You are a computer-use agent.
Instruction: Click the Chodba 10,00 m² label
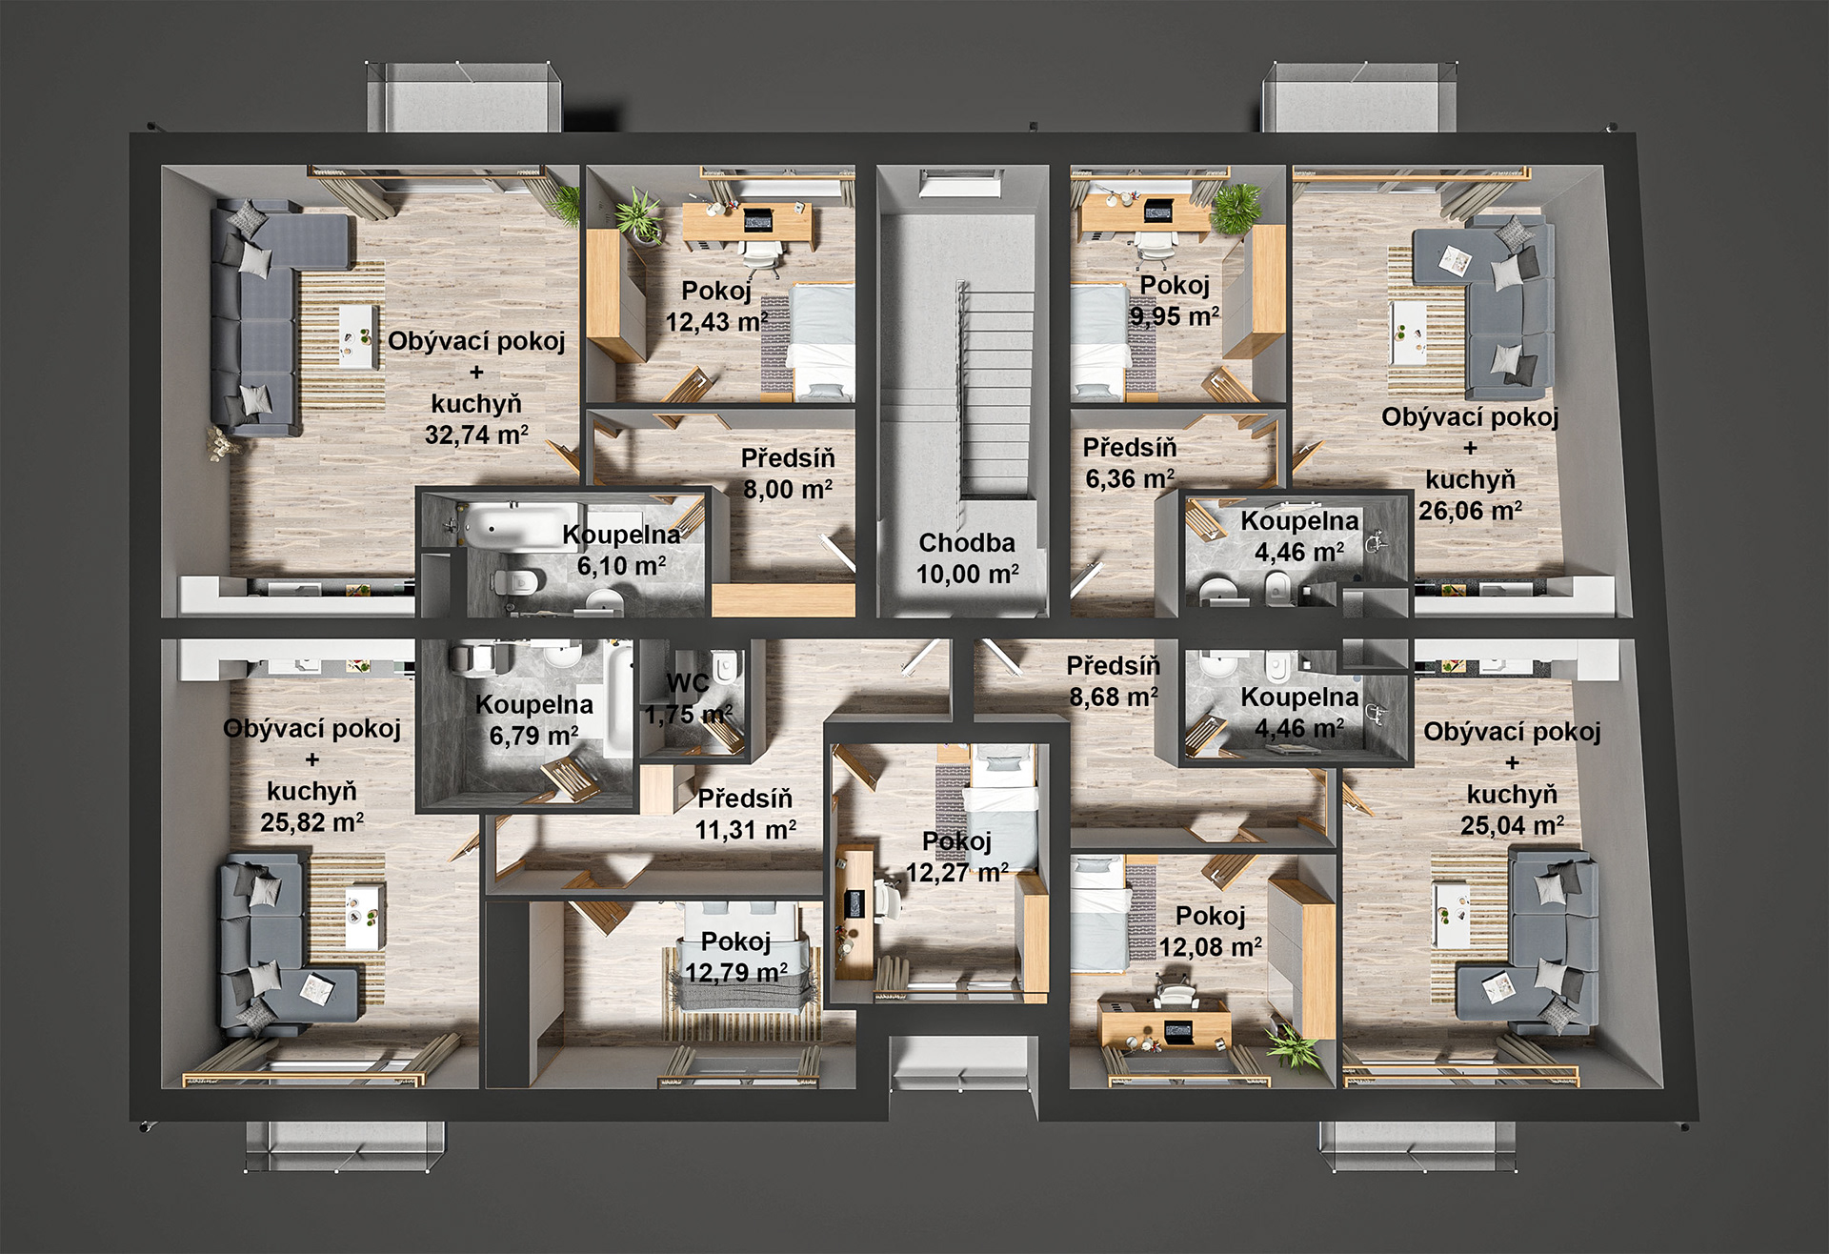pyautogui.click(x=967, y=558)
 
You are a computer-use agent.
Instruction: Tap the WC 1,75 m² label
pyautogui.click(x=688, y=698)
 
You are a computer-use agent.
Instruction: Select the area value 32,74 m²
pyautogui.click(x=476, y=435)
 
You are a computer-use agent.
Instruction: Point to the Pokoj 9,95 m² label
pyautogui.click(x=1175, y=300)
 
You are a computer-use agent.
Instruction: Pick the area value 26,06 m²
pyautogui.click(x=1470, y=511)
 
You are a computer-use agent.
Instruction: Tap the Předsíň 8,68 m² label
pyautogui.click(x=1113, y=680)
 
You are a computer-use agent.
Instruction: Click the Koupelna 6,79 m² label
pyautogui.click(x=533, y=719)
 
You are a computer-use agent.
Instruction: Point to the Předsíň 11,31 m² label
pyautogui.click(x=745, y=814)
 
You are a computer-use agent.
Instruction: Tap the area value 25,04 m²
pyautogui.click(x=1512, y=825)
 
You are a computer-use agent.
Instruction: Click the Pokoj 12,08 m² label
pyautogui.click(x=1210, y=931)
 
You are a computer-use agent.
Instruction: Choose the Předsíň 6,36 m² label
pyautogui.click(x=1130, y=463)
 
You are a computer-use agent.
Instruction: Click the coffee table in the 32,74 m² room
pyautogui.click(x=357, y=335)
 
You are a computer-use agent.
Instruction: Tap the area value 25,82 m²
pyautogui.click(x=312, y=822)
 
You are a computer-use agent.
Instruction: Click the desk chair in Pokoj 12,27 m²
pyautogui.click(x=888, y=898)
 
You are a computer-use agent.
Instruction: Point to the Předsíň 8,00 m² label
pyautogui.click(x=788, y=474)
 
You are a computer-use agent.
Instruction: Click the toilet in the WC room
pyautogui.click(x=725, y=666)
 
